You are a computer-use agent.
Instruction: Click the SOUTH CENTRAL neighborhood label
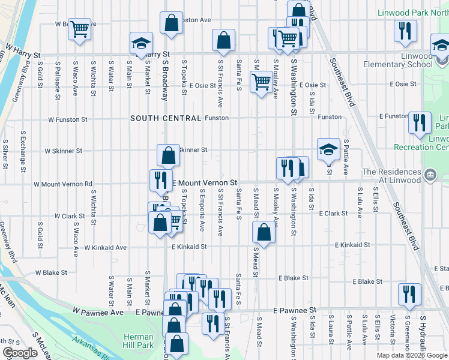(166, 118)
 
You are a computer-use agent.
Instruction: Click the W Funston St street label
(68, 119)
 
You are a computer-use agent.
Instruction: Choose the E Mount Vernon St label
(205, 182)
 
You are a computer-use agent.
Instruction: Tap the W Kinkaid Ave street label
(105, 247)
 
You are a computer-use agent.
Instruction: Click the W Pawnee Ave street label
(98, 312)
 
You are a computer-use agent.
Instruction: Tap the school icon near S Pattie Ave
(329, 150)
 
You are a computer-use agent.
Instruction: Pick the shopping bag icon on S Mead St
(264, 232)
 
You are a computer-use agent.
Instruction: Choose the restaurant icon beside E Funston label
(420, 122)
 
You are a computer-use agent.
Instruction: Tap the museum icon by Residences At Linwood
(430, 175)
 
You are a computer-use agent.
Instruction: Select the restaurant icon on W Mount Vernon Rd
(160, 179)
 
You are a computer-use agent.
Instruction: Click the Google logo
(20, 353)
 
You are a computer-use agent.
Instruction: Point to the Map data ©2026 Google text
(412, 355)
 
